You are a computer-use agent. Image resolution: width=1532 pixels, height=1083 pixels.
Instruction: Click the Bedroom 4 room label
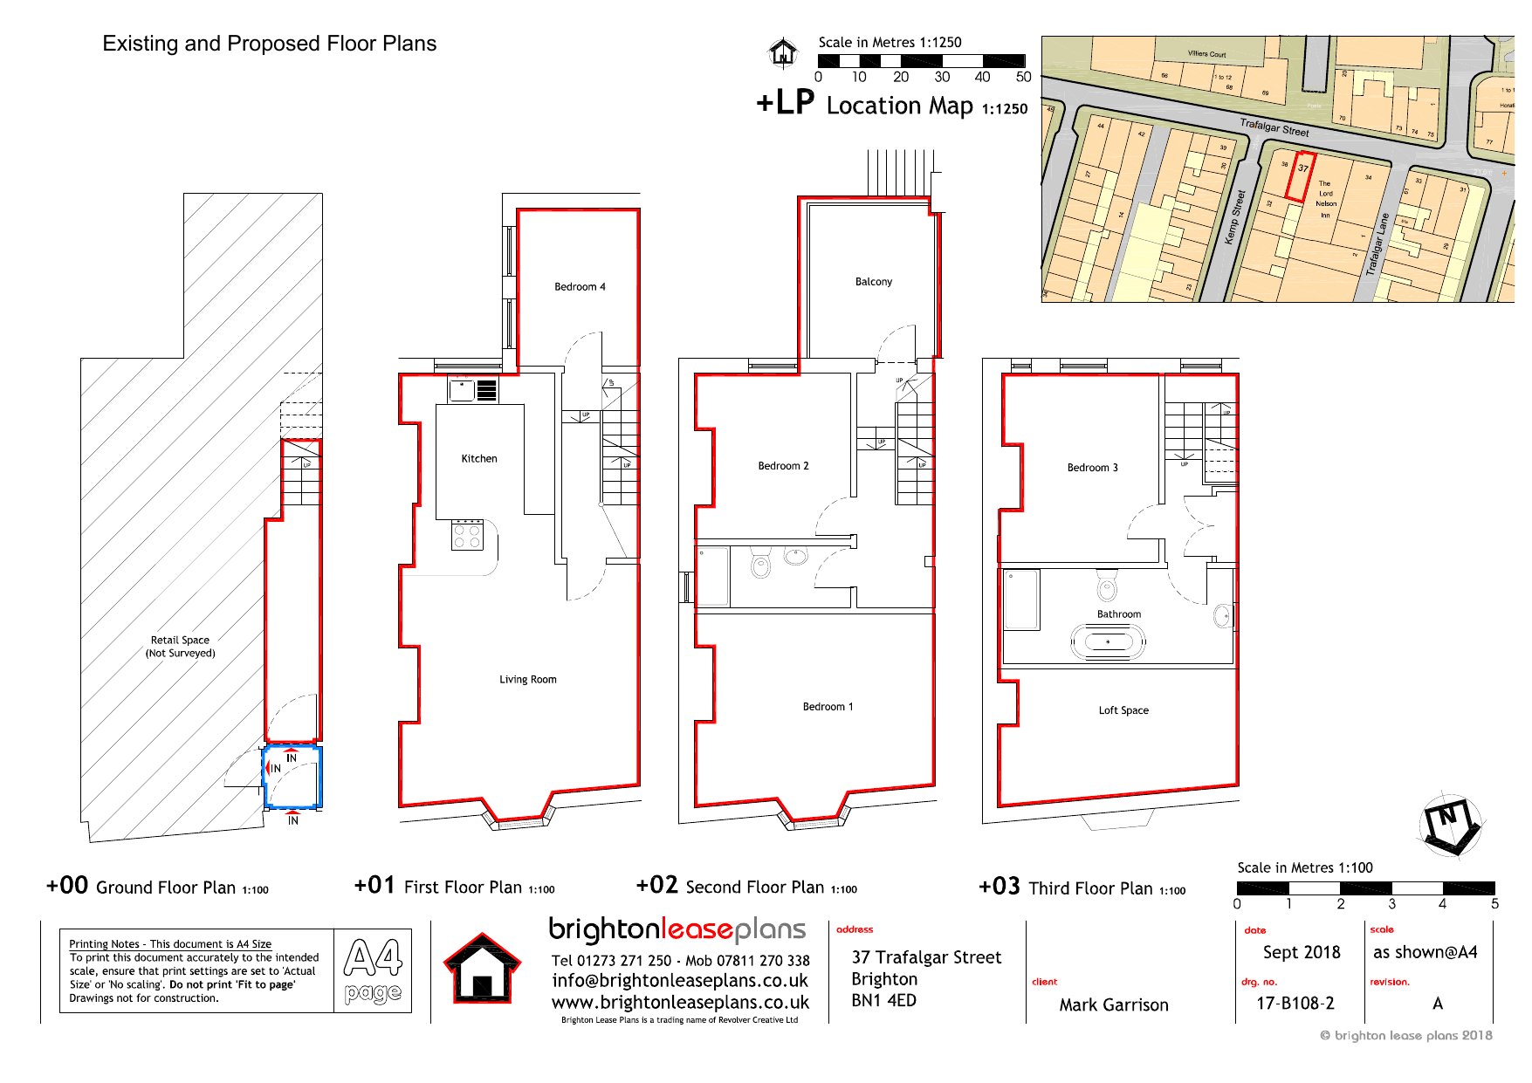pos(580,286)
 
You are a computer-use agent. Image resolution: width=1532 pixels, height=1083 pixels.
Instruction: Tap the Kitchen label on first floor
pos(479,458)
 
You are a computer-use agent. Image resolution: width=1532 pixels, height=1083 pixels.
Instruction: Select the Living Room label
pos(527,679)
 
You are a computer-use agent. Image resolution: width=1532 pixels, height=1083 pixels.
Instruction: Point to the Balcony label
pos(873,282)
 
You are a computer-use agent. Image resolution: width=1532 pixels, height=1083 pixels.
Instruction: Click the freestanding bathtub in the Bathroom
pos(1108,642)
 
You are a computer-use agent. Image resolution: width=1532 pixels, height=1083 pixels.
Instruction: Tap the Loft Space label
pos(1123,710)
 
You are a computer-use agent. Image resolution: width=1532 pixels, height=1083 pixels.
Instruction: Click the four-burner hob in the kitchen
pos(468,535)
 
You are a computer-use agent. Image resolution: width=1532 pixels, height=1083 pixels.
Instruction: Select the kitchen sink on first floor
pos(463,389)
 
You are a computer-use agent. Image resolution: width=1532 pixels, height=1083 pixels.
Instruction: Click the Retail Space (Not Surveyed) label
pos(180,646)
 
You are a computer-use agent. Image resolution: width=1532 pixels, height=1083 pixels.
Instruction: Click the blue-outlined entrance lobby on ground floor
pos(293,776)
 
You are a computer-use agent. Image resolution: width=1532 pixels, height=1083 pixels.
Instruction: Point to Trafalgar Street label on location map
pos(1274,127)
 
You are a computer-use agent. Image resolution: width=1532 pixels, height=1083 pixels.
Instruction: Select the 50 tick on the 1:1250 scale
pos(1023,77)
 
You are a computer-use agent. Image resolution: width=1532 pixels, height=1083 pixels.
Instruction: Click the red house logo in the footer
pos(482,969)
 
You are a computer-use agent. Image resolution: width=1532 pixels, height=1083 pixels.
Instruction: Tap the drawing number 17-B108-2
pos(1295,1003)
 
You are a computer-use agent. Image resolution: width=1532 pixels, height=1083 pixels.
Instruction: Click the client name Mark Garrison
pos(1113,1004)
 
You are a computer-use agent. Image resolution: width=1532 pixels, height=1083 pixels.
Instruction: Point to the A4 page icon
pos(373,970)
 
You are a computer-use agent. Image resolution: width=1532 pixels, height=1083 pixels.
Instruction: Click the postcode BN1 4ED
pos(883,1000)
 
